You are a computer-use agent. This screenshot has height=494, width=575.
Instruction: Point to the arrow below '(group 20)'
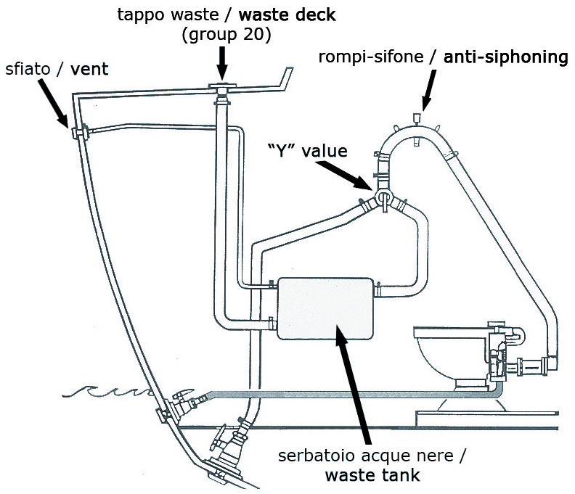tap(222, 64)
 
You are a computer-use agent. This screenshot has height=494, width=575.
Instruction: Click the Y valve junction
tap(383, 198)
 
